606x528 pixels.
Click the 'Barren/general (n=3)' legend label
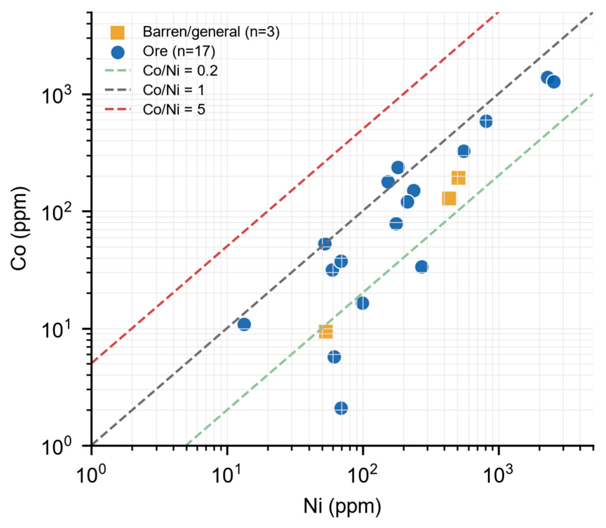(x=211, y=32)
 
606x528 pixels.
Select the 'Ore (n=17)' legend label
(x=179, y=51)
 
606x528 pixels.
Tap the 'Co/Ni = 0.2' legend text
(x=180, y=71)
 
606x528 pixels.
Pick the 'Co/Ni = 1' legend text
(x=173, y=90)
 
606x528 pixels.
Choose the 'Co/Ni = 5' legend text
(x=174, y=110)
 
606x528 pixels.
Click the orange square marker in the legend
(x=117, y=32)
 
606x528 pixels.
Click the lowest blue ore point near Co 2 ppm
(x=341, y=408)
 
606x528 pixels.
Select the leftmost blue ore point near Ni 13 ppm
(x=244, y=324)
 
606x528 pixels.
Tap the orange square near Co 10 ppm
(x=326, y=332)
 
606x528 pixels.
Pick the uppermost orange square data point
(x=458, y=178)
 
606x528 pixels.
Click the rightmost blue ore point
(x=554, y=82)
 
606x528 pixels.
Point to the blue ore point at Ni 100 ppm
(x=362, y=303)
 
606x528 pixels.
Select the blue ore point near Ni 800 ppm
(x=486, y=121)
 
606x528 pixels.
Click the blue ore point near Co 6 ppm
(x=334, y=357)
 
